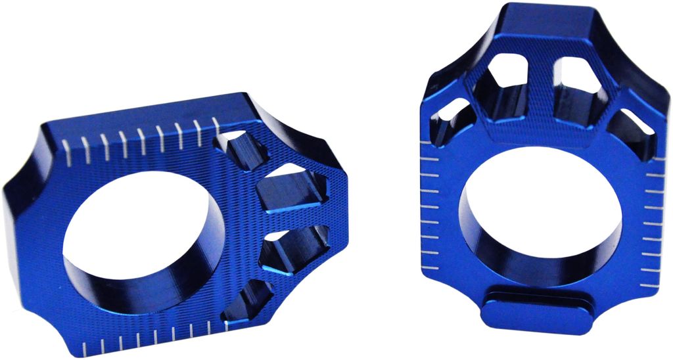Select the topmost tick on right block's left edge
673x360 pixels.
click(427, 160)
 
